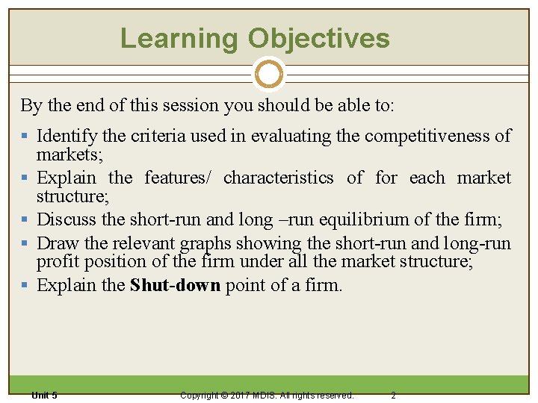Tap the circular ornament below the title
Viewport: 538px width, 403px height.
tap(269, 74)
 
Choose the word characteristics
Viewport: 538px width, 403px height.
tap(279, 178)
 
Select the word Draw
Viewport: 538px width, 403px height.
tap(55, 243)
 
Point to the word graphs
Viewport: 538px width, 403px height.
tap(203, 243)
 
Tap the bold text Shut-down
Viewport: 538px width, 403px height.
tap(175, 285)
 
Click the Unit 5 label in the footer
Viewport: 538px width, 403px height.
tap(44, 395)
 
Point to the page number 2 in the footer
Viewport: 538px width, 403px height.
tap(393, 395)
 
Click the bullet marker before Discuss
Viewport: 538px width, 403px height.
tap(26, 220)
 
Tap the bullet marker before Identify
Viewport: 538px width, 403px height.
tap(26, 137)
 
